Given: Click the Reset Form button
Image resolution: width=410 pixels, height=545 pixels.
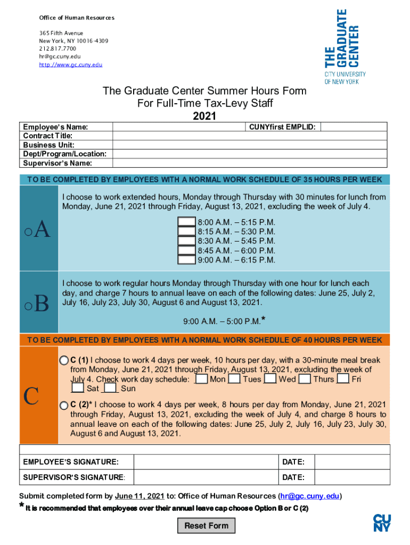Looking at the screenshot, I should tap(206, 526).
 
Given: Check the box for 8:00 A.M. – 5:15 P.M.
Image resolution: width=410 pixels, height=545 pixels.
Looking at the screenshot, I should tap(186, 222).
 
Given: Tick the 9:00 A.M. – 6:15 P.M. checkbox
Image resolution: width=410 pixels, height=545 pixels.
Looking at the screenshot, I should tap(186, 260).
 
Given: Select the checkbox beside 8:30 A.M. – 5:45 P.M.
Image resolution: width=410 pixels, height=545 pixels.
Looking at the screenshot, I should tap(186, 241).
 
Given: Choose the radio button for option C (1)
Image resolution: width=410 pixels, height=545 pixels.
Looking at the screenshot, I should tap(64, 360).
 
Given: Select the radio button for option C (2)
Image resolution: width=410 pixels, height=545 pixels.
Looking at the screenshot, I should tap(64, 406).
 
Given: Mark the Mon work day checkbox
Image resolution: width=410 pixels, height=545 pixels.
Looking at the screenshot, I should tap(201, 379).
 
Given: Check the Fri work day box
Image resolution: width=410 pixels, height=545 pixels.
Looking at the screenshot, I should tap(343, 379).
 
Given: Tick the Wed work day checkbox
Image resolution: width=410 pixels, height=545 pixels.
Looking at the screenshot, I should tap(270, 379).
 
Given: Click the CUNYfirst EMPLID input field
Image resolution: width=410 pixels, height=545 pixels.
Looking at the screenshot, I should tap(354, 127).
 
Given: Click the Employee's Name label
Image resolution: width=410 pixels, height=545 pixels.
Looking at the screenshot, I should tap(55, 127).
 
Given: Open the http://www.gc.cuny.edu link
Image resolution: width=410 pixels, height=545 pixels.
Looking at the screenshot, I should tap(70, 65).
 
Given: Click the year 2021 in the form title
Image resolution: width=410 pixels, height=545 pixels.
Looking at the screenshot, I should tap(204, 115).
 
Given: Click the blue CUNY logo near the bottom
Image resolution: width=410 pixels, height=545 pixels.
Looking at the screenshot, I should tap(382, 523).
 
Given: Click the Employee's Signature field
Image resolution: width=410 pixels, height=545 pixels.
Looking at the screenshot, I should tap(206, 462).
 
